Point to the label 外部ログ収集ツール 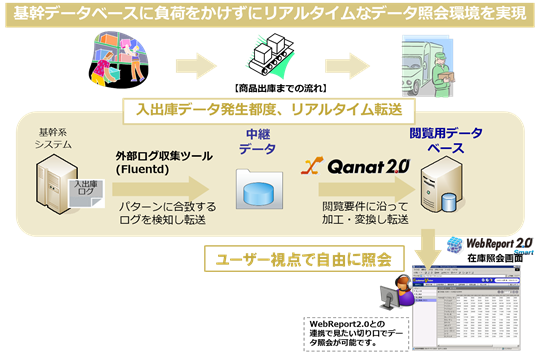click(x=159, y=156)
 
